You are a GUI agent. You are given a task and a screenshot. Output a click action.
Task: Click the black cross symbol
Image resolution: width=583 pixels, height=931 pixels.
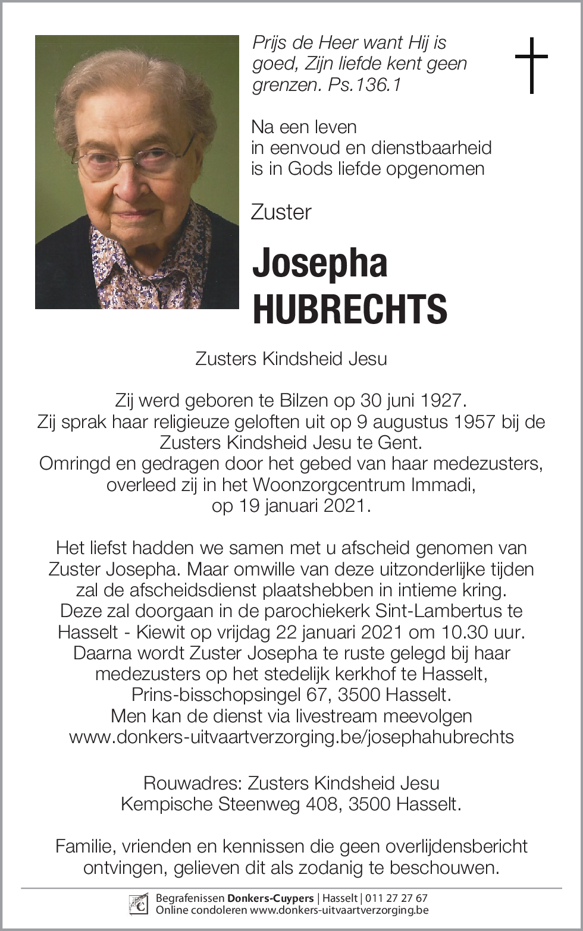[x=531, y=65]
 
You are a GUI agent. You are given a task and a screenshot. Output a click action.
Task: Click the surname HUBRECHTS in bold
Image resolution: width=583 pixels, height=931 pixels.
[x=350, y=309]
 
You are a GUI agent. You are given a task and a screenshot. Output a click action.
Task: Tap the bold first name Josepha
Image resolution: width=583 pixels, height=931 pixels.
[x=320, y=263]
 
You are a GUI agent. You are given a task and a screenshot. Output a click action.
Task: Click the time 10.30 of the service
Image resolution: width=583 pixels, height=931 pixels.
[x=470, y=631]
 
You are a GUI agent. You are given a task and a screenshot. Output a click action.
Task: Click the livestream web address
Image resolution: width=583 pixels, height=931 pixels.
[x=291, y=737]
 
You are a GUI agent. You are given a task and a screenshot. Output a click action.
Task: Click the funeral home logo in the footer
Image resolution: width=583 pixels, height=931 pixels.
[x=139, y=904]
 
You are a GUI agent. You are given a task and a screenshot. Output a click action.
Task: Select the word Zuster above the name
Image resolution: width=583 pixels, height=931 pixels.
[x=281, y=212]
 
